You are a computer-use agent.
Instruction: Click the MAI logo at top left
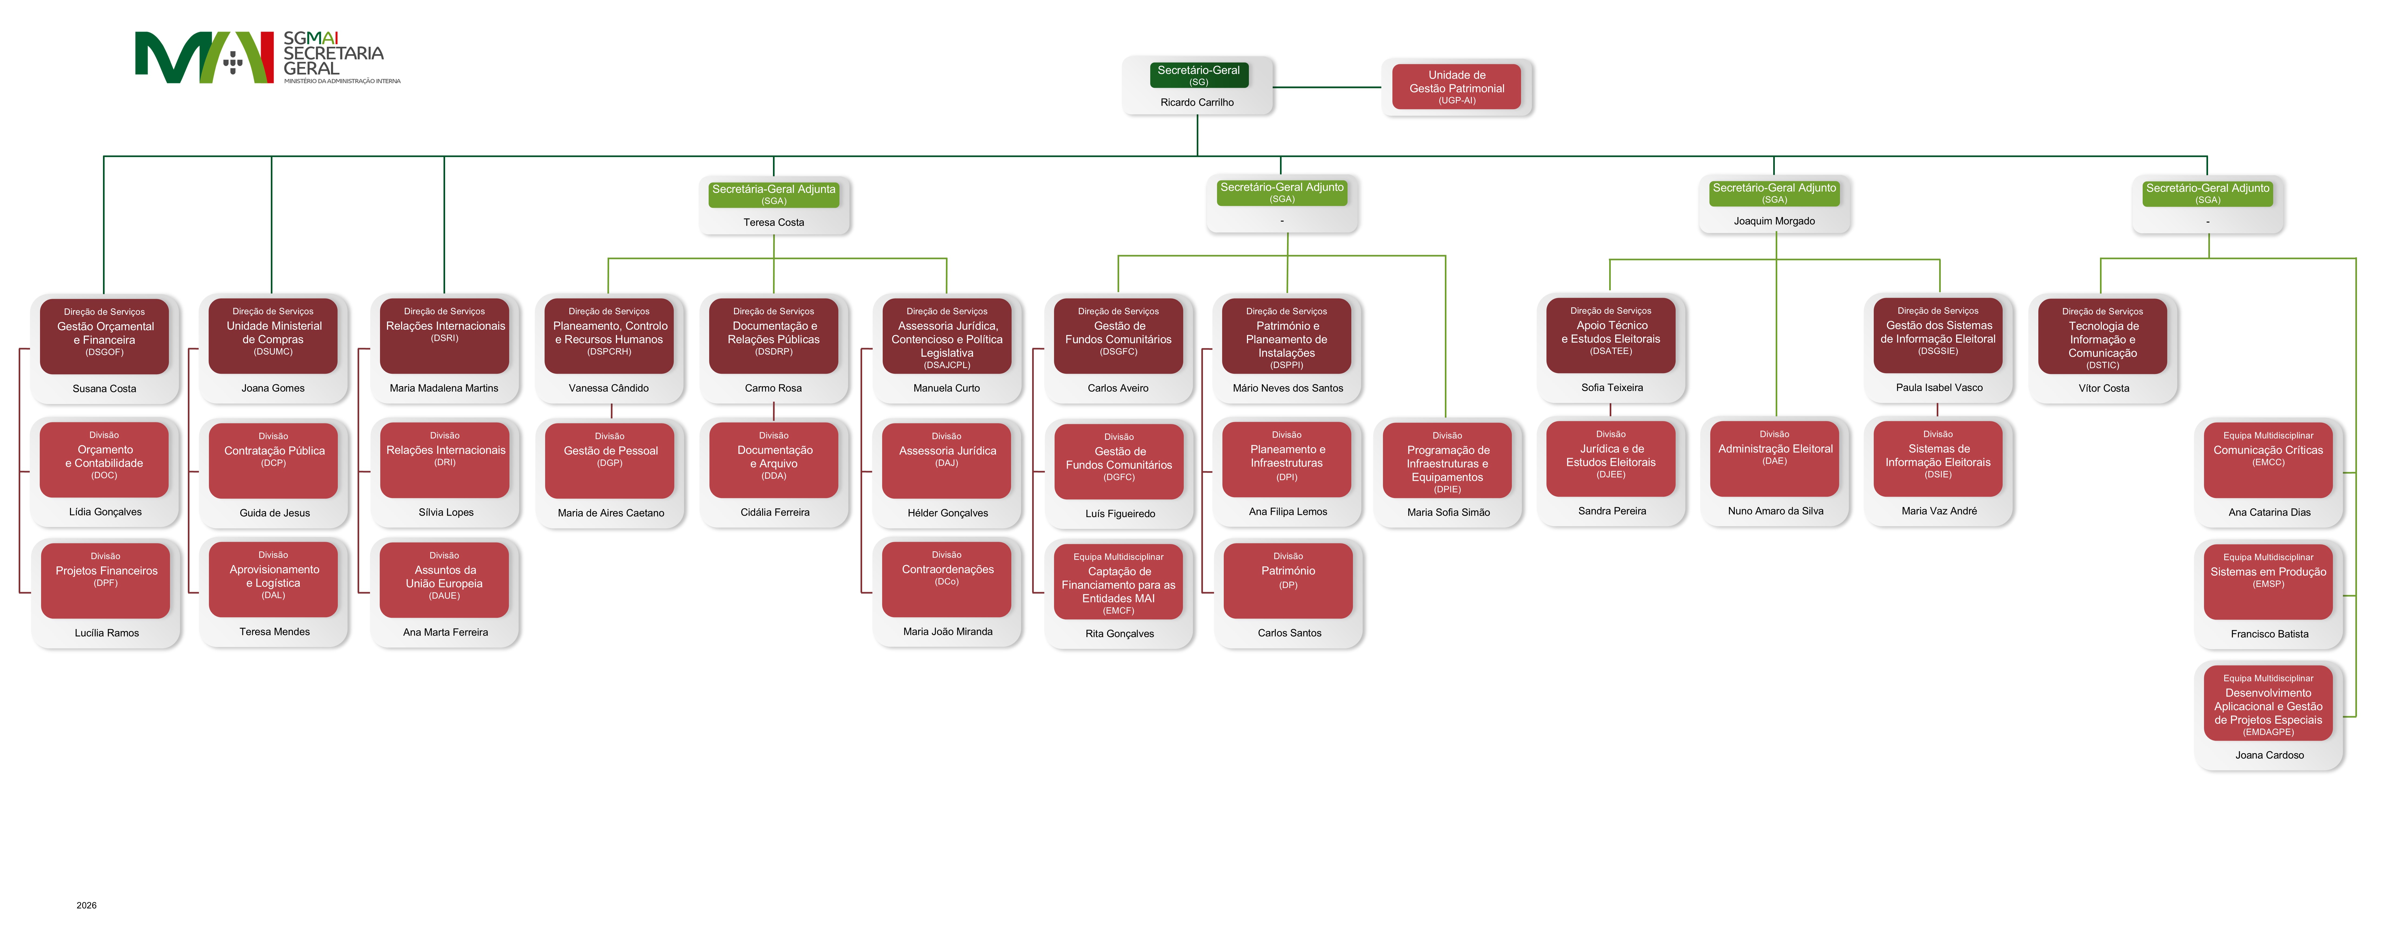(268, 58)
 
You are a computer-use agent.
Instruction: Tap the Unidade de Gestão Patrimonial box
(1456, 86)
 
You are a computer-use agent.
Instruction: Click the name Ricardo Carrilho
(1197, 102)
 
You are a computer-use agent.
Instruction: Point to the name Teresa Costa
(773, 222)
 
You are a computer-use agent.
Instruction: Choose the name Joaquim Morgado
(1774, 221)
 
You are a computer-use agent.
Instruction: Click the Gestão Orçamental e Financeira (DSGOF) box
(104, 336)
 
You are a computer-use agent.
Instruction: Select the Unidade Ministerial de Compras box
(273, 336)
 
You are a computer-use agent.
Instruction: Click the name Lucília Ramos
(107, 633)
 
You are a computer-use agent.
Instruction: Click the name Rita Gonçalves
(1120, 634)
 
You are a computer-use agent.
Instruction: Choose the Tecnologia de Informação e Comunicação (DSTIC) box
(2102, 336)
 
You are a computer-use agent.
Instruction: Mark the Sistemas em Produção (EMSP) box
(2269, 582)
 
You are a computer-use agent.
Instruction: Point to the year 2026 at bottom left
(86, 905)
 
